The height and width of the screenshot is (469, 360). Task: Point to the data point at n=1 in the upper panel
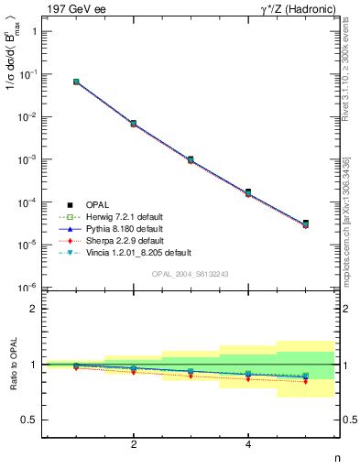coord(76,82)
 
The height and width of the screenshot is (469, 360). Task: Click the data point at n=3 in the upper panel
coord(191,159)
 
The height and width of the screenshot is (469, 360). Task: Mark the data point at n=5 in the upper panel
coord(305,224)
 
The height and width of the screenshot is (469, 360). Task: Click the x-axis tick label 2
coord(134,445)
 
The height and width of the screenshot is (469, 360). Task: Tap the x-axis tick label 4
coord(248,445)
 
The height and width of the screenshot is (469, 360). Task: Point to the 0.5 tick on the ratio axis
coord(30,420)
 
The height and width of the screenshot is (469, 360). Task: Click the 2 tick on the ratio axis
coord(34,309)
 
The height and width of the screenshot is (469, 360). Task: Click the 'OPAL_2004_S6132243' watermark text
coord(190,275)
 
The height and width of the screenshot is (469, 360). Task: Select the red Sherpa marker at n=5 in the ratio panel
coord(305,381)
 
